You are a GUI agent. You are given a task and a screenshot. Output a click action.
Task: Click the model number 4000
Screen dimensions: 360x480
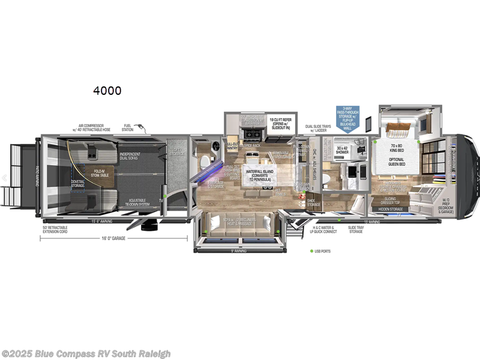point(107,91)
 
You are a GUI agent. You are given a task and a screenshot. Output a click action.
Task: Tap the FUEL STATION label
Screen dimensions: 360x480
point(128,128)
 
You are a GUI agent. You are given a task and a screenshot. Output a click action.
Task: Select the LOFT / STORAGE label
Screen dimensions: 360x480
point(176,152)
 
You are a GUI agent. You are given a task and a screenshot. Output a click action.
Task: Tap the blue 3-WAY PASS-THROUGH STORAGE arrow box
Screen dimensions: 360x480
point(347,119)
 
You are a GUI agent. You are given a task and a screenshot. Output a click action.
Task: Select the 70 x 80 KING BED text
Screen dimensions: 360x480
point(398,147)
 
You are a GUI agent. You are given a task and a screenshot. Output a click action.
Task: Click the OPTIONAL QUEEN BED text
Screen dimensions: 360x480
point(398,161)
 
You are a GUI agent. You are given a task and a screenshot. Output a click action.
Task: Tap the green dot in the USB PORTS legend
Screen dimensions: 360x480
point(312,251)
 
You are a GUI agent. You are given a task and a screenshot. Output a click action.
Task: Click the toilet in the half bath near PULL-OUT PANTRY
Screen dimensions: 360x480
point(204,161)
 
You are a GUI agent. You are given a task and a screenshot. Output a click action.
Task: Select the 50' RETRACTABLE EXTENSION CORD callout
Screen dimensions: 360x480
point(55,230)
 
